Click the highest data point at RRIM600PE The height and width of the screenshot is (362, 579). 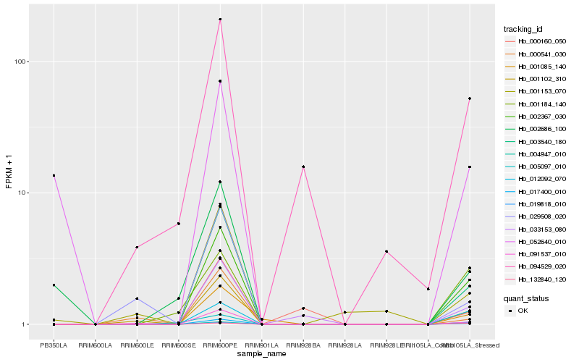pos(220,20)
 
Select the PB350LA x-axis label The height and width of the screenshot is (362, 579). pos(54,345)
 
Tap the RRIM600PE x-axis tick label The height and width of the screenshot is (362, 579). pos(220,345)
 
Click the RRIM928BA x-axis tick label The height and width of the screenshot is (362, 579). pos(303,345)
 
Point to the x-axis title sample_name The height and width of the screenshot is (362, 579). pos(261,354)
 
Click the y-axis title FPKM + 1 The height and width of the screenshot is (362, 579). pos(9,172)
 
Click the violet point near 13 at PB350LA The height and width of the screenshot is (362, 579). pos(54,175)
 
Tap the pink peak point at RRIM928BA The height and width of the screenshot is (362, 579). pos(303,167)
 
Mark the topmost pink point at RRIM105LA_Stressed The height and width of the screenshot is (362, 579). pos(470,98)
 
